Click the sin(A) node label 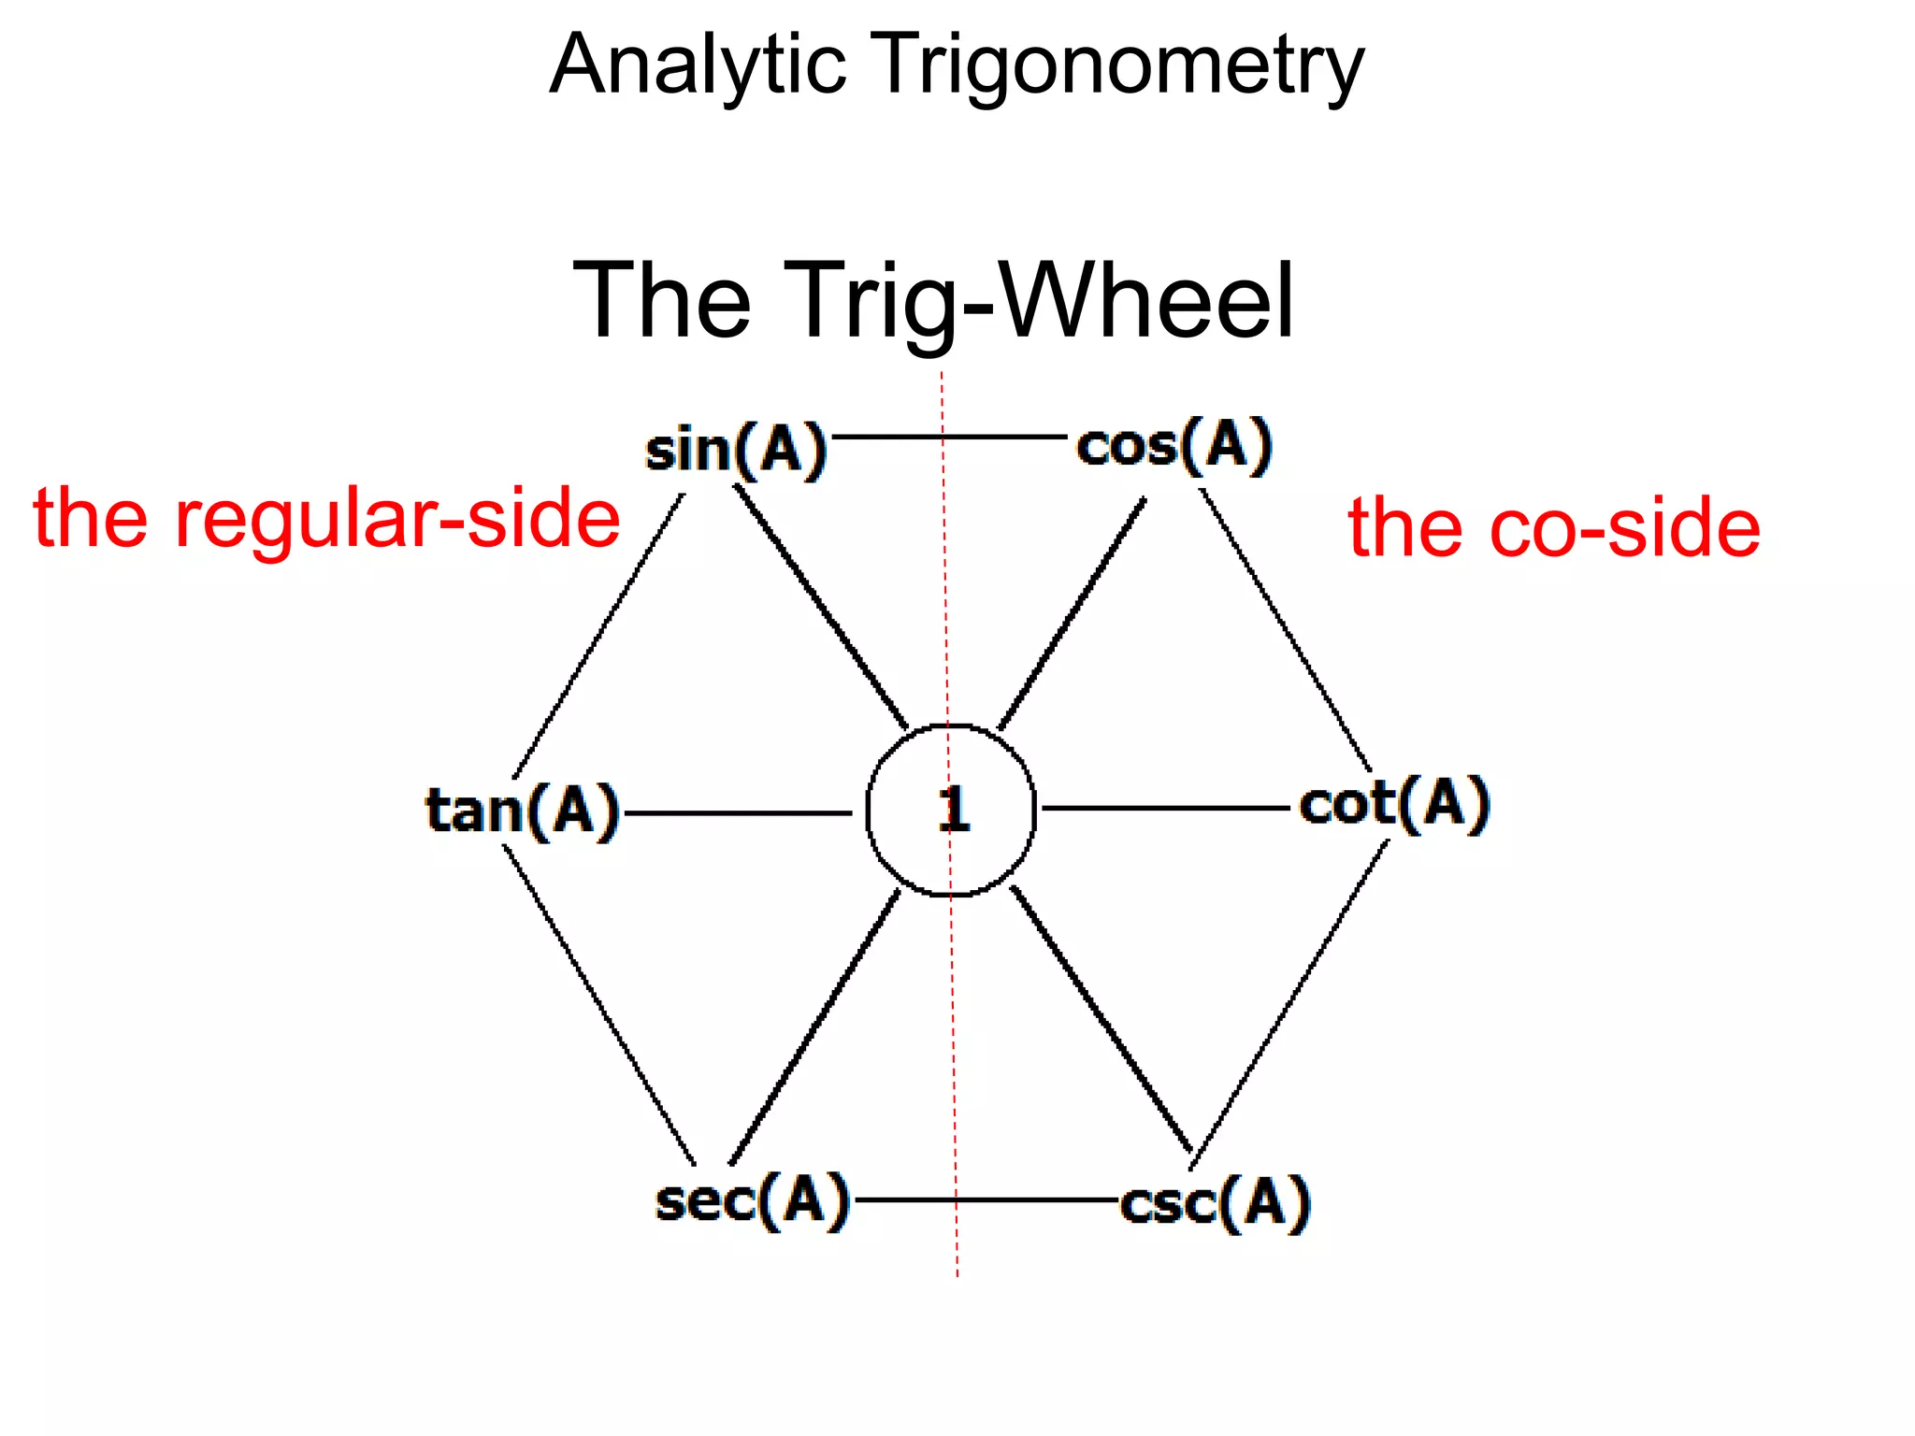[x=737, y=450]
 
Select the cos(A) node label [x=1174, y=446]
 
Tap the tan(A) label [x=523, y=810]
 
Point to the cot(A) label [x=1394, y=804]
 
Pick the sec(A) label [x=753, y=1200]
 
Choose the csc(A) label [x=1216, y=1203]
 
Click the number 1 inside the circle [x=953, y=810]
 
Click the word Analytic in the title [x=698, y=65]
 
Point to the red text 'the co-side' [x=1554, y=528]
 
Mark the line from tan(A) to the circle [x=739, y=813]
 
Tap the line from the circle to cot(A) [x=1164, y=808]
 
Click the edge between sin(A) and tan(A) [x=598, y=636]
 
